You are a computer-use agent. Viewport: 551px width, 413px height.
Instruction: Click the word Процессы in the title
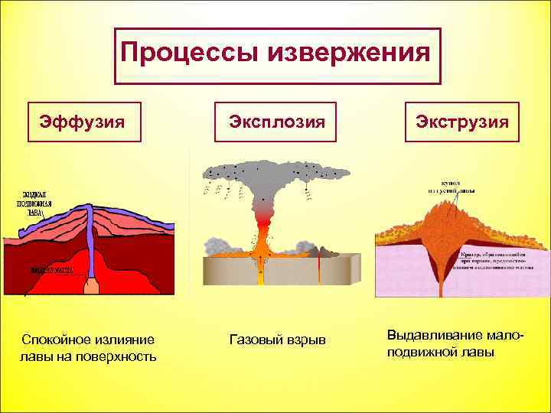click(188, 54)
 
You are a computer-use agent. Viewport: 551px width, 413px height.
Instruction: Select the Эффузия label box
click(84, 122)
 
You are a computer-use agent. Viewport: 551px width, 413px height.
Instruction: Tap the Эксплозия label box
click(276, 122)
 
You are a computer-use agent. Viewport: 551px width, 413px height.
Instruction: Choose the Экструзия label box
click(462, 122)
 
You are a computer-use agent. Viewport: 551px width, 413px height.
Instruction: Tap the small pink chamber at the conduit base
click(92, 287)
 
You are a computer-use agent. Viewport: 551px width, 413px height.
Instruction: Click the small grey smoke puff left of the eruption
click(217, 245)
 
